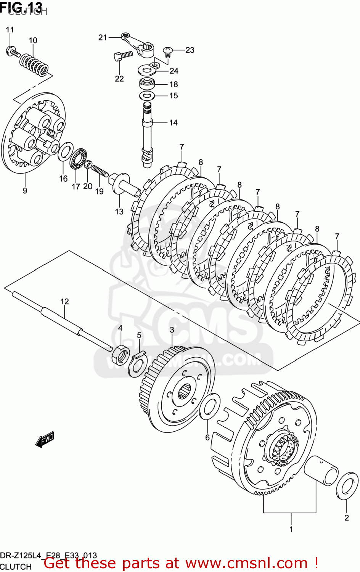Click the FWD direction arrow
click(x=45, y=439)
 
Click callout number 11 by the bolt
click(x=10, y=30)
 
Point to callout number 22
click(x=119, y=79)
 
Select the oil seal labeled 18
click(x=148, y=83)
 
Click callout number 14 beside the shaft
click(x=173, y=122)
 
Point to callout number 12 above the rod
click(x=64, y=302)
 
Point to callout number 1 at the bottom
click(x=291, y=529)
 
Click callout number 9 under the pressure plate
click(x=25, y=190)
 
